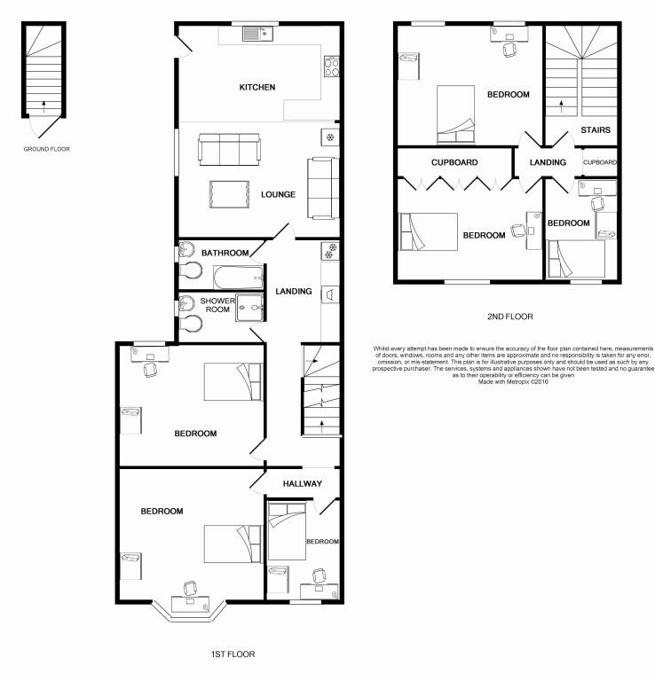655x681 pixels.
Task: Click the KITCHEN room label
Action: tap(257, 87)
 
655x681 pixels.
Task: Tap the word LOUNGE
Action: tap(278, 194)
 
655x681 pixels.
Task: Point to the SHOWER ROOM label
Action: tap(217, 306)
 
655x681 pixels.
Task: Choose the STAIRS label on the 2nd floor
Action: tap(595, 130)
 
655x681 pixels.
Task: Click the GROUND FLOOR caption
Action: tap(46, 149)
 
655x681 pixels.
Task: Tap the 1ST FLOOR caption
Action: tap(233, 654)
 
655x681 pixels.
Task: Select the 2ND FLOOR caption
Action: tap(509, 316)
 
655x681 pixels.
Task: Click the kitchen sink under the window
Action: tap(256, 35)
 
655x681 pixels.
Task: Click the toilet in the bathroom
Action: tap(191, 271)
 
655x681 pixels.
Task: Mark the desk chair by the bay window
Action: tap(191, 587)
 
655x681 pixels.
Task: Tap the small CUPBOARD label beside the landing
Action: tap(600, 163)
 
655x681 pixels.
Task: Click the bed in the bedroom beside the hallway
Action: tap(287, 530)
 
